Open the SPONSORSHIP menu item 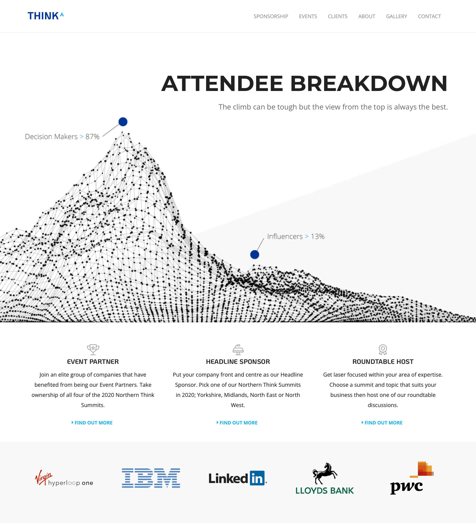coord(271,16)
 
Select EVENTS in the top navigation coord(308,16)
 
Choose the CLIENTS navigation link coord(337,16)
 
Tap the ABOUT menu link coord(367,16)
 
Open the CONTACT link coord(429,16)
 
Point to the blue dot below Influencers coord(255,254)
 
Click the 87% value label coord(92,136)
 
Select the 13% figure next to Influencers coord(318,236)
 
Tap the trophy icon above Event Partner coord(93,349)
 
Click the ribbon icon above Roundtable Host coord(383,349)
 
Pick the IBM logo coord(151,478)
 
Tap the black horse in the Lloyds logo coord(324,473)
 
